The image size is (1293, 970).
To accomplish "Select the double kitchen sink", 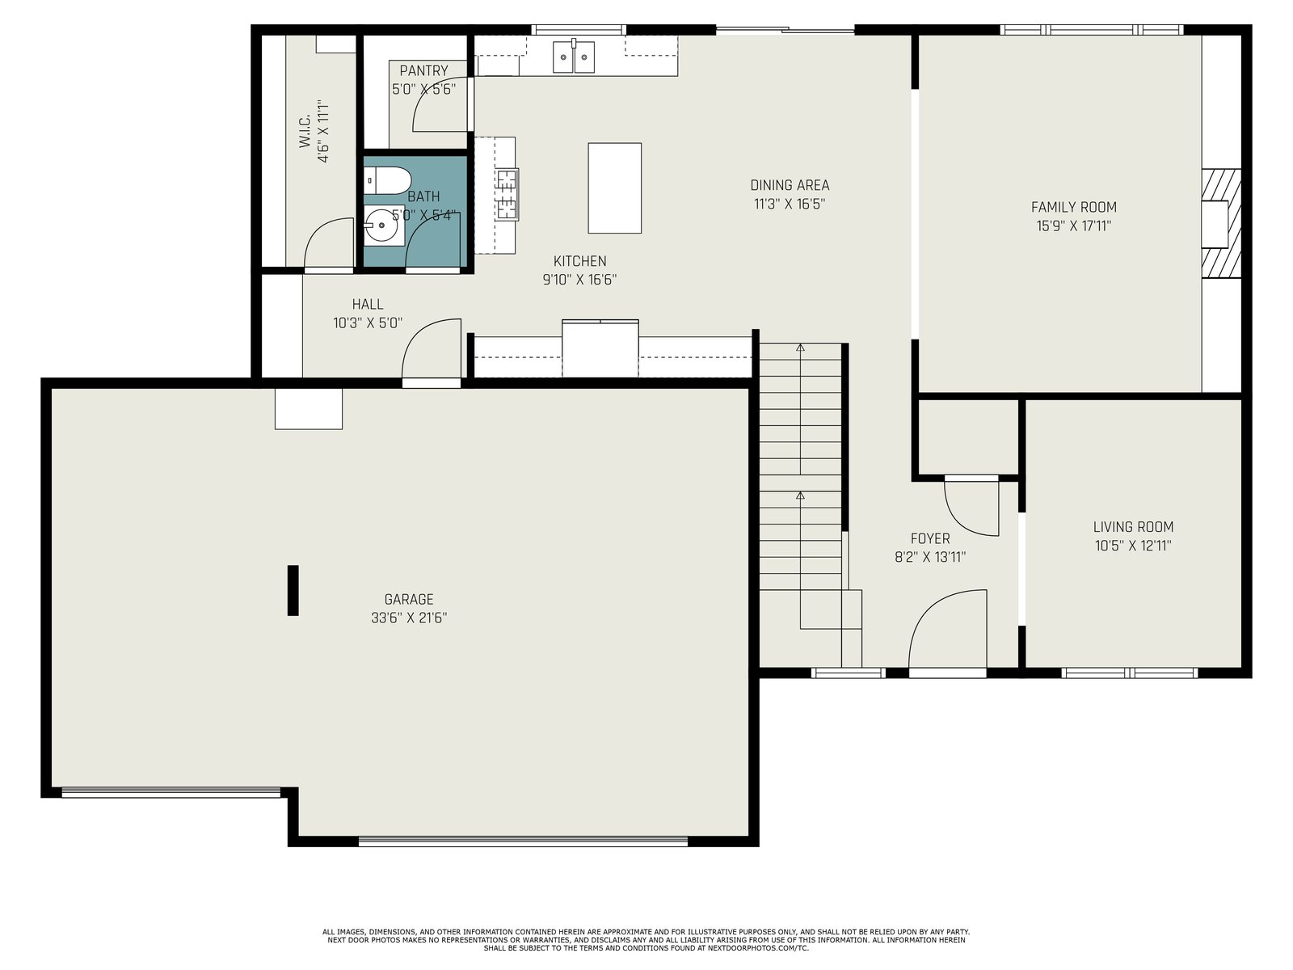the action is click(573, 57).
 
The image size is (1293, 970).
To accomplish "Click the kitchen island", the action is click(614, 188).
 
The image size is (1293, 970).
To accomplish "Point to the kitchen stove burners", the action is click(507, 194).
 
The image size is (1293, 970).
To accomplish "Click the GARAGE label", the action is click(409, 599).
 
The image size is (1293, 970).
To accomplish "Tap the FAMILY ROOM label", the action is click(1073, 207).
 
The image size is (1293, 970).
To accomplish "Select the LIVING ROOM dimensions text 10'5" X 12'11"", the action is click(1133, 546).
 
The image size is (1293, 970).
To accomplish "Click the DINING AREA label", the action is click(790, 185).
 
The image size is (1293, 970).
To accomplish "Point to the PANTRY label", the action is click(423, 70).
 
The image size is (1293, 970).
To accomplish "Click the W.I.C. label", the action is click(305, 131).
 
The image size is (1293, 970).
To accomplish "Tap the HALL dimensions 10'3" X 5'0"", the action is click(368, 323).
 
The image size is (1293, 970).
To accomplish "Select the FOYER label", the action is click(930, 538).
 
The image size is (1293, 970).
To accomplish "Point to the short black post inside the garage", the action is click(293, 590).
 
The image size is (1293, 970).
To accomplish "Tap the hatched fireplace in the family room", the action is click(1220, 223).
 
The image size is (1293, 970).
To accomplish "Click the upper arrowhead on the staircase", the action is click(800, 348).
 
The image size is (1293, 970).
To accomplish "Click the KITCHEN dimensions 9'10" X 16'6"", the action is click(579, 280).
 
